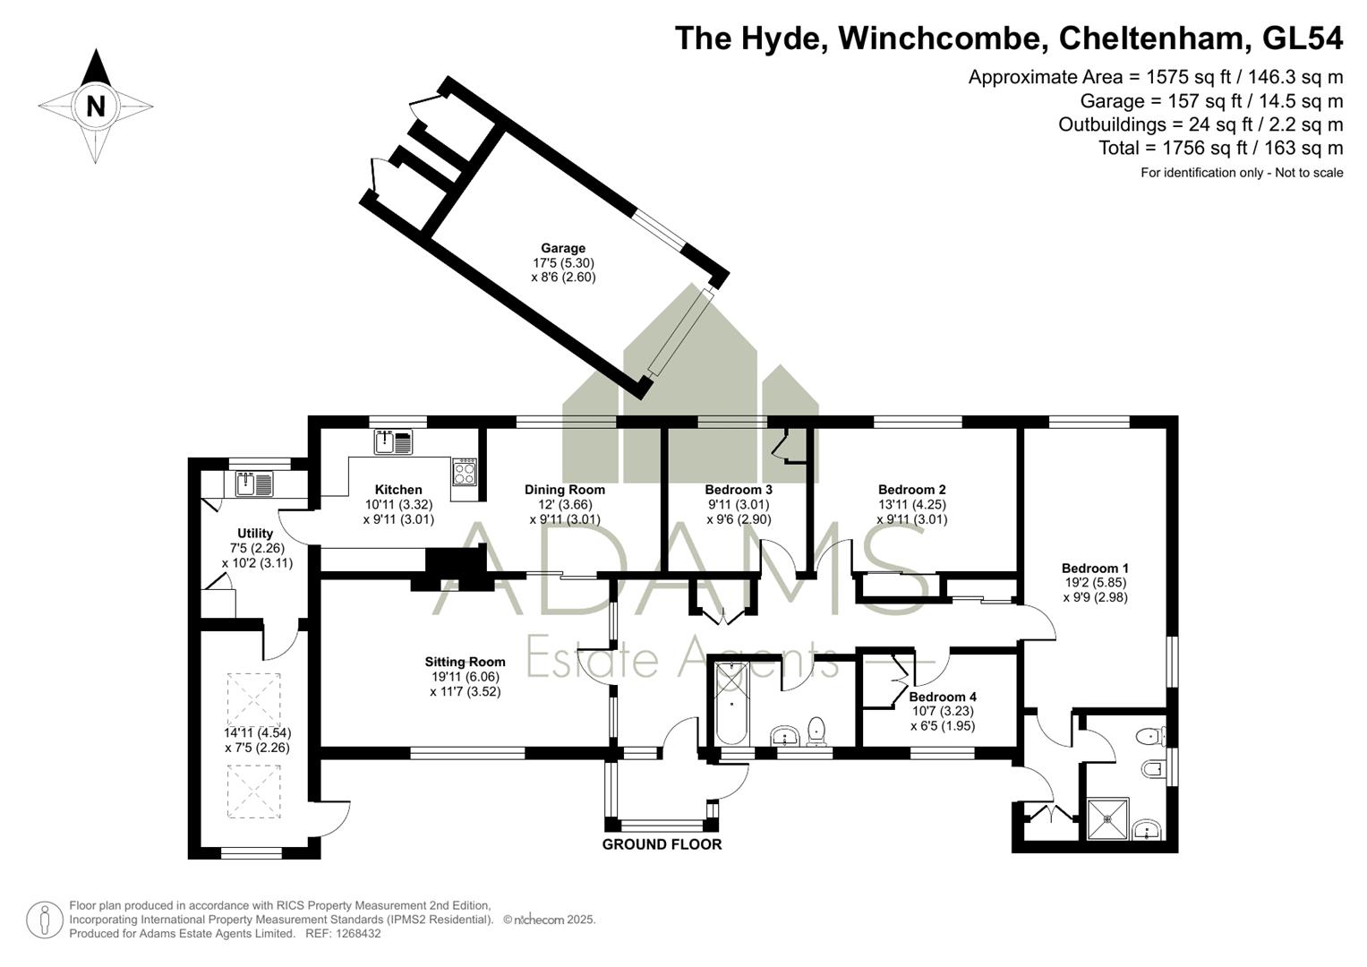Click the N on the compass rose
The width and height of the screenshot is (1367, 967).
tap(96, 107)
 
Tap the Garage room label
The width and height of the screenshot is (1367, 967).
tap(563, 249)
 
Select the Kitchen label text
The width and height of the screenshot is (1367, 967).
tap(398, 490)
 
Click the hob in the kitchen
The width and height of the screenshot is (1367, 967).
tap(465, 472)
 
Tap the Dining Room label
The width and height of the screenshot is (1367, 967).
tap(565, 490)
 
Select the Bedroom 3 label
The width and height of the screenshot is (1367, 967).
tap(739, 490)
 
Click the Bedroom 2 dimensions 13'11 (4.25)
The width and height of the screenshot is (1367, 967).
tap(911, 505)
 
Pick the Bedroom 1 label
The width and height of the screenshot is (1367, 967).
tap(1096, 568)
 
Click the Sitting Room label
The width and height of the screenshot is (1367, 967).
tap(465, 662)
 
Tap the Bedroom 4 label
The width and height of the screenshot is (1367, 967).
tap(943, 697)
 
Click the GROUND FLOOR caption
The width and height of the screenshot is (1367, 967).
tap(662, 844)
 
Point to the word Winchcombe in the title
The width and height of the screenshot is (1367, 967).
tap(939, 39)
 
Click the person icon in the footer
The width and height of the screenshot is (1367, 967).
tap(45, 920)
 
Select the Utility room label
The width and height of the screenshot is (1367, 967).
tap(255, 533)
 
